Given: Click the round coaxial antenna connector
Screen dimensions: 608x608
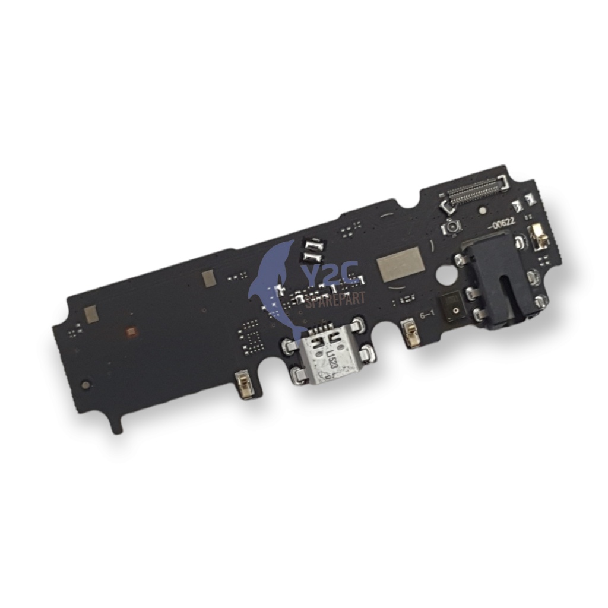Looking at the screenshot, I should click(x=452, y=227).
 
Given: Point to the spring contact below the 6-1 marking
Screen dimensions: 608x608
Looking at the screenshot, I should click(x=408, y=335).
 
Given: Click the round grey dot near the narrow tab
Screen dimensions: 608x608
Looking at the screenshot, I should click(x=87, y=385).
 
